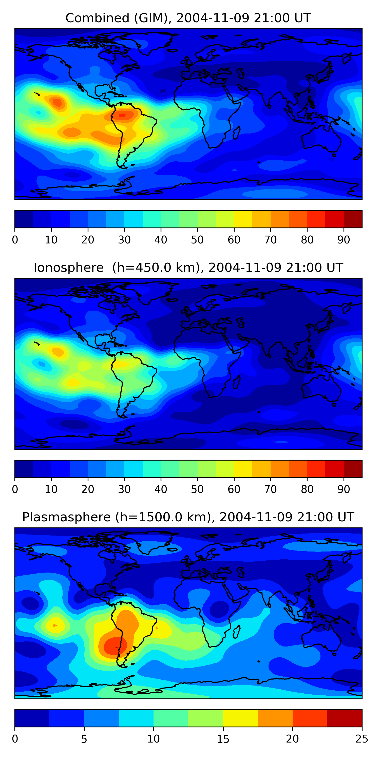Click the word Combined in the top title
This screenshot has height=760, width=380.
point(97,18)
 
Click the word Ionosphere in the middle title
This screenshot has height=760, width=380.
point(68,268)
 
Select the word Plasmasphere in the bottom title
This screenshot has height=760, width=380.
point(66,517)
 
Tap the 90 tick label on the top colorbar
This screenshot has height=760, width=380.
point(344,240)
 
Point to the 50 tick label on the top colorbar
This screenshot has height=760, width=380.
point(197,240)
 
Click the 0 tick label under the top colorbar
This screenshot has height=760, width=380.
point(15,240)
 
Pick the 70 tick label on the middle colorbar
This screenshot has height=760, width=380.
point(271,489)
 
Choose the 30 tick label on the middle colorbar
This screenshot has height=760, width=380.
point(124,489)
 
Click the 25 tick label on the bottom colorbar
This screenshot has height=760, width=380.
point(362,739)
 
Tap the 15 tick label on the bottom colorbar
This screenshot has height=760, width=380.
point(223,739)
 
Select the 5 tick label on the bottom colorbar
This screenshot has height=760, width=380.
point(84,739)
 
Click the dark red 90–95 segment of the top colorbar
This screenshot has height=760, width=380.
point(353,219)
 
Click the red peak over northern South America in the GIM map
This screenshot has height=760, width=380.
point(122,115)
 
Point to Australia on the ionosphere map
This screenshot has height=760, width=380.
point(321,387)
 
